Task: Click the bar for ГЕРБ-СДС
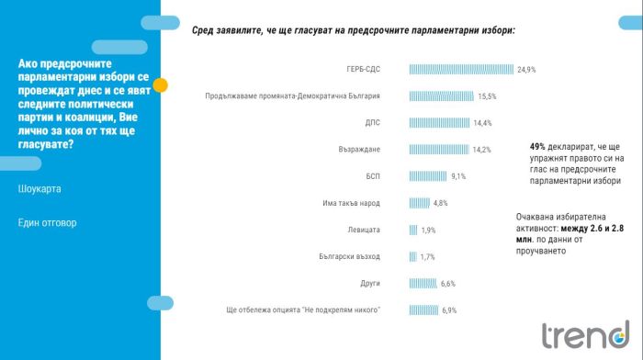click(461, 69)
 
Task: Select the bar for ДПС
click(439, 122)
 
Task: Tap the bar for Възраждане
click(439, 150)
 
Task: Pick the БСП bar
click(428, 176)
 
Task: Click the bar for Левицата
click(413, 230)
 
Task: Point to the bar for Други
click(423, 283)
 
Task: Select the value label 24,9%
click(526, 70)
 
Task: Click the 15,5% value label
click(487, 96)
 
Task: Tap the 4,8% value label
click(440, 203)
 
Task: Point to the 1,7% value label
click(427, 256)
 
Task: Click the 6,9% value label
click(449, 310)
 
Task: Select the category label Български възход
click(349, 256)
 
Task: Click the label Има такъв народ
click(351, 203)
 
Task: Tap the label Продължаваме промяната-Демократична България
click(292, 96)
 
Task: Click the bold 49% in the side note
click(537, 146)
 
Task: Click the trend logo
click(586, 334)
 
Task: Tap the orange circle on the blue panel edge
click(161, 84)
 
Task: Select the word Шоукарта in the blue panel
click(39, 188)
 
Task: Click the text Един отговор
click(47, 222)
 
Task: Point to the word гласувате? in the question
click(46, 144)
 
